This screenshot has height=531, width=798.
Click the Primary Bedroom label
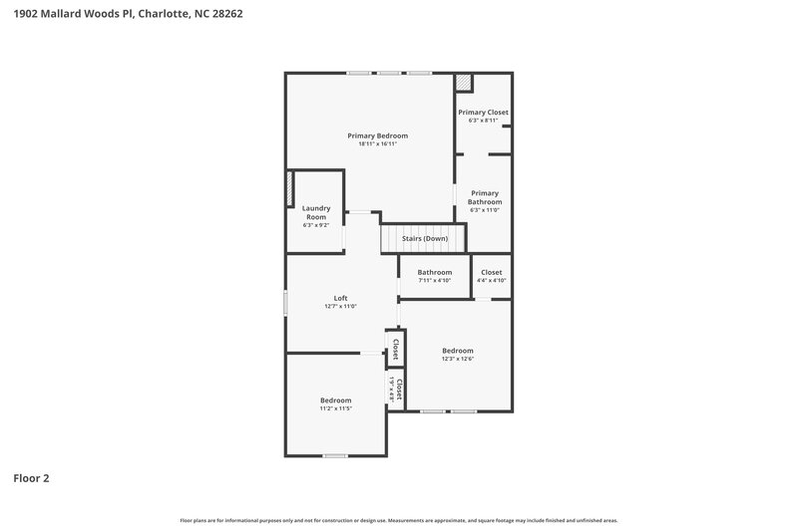[377, 135]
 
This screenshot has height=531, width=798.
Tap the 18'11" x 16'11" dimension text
[377, 144]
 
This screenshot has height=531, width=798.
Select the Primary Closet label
[483, 113]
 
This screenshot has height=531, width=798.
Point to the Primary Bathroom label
[484, 197]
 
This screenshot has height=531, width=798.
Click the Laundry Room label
[315, 212]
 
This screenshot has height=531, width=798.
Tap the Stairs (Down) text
[424, 239]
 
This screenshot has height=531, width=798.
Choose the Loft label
[340, 298]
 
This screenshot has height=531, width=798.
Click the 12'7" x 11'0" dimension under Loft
[340, 307]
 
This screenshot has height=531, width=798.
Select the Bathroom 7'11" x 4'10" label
[434, 272]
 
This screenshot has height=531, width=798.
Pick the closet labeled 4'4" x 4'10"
[492, 272]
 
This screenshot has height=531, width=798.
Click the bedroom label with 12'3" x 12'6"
[457, 351]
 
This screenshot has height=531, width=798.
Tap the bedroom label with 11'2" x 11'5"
[335, 400]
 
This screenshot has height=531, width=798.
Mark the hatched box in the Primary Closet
[464, 84]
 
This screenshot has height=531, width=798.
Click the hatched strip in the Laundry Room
[290, 189]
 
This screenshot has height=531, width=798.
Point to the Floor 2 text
[31, 478]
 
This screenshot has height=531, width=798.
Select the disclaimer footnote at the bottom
[399, 520]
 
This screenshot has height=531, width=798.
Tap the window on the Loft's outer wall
[286, 303]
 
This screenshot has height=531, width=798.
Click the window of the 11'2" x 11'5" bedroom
[335, 455]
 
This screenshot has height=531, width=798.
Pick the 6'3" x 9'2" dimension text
[315, 225]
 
